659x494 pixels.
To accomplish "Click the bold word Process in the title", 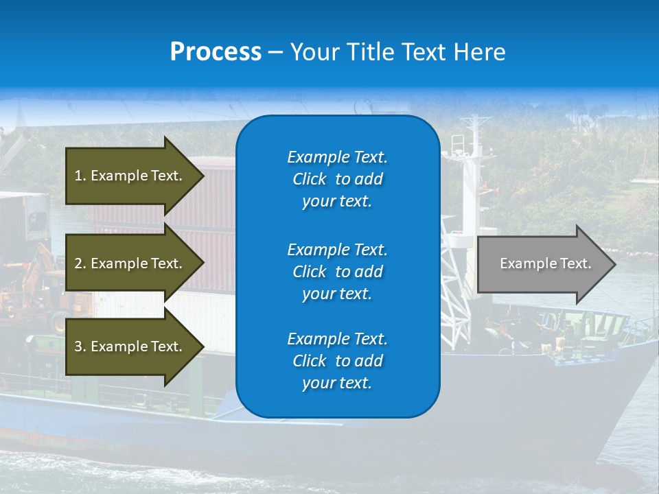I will point(216,52).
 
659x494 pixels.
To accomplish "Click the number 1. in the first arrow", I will point(80,176).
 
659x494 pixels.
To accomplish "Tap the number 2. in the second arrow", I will point(80,263).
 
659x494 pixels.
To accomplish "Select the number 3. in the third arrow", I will point(80,346).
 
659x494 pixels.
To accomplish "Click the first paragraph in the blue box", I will point(337,179).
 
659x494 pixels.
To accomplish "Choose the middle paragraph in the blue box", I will point(337,272).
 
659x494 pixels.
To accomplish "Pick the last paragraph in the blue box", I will point(337,361).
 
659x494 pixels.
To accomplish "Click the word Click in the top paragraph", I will point(310,179).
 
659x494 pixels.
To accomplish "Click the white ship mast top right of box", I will point(471,137).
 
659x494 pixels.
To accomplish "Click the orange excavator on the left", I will point(34,274).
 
